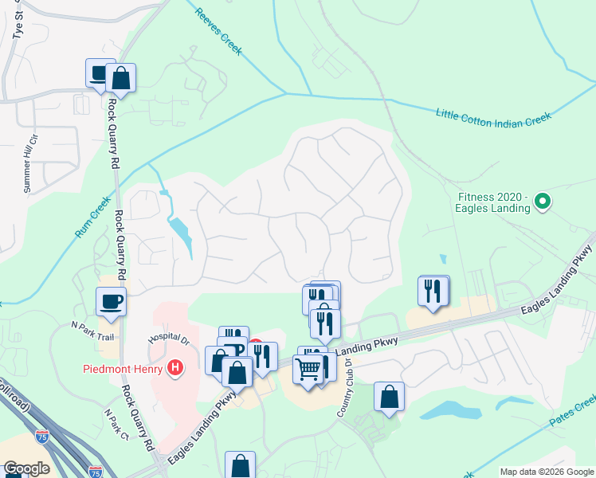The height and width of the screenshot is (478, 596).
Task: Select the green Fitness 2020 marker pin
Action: point(543,202)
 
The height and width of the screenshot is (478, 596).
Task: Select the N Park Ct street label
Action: point(116,425)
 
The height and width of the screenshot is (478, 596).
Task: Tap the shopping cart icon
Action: point(308,369)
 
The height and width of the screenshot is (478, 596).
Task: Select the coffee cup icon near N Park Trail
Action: point(111,302)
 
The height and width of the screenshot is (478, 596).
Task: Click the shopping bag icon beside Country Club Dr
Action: point(389,397)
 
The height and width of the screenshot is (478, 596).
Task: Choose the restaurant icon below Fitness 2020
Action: point(433,291)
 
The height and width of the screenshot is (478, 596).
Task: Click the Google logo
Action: point(25,468)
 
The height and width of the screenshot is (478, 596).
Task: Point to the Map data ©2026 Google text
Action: point(547,472)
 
